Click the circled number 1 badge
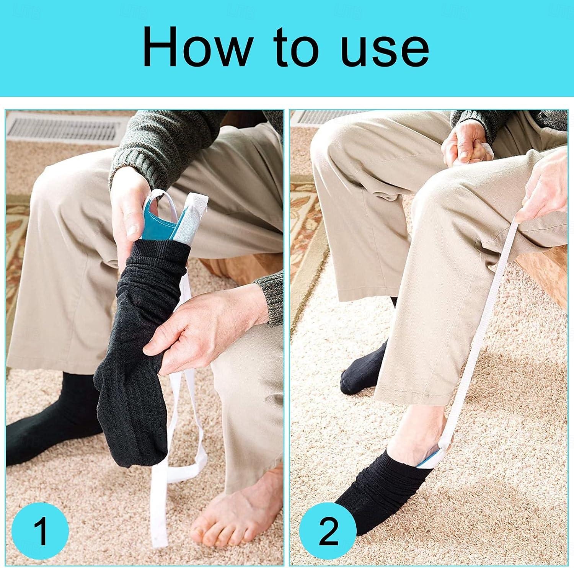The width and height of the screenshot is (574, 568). tap(40, 531)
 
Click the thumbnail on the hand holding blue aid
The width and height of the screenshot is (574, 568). tap(132, 230)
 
